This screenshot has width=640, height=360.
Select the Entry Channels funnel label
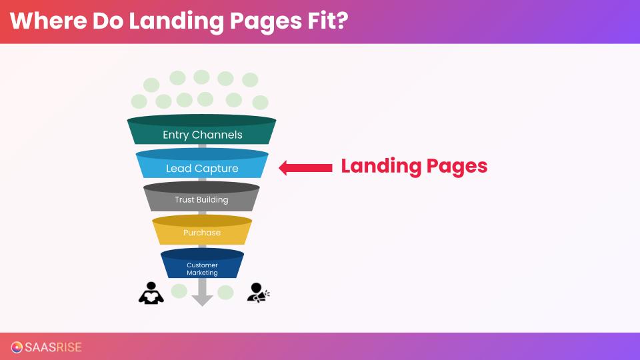[x=202, y=135]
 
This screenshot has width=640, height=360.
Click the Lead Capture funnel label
[x=202, y=169]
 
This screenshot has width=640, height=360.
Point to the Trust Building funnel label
[x=201, y=199]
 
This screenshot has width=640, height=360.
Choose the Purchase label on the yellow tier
[x=202, y=233]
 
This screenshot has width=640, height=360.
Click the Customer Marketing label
[x=202, y=269]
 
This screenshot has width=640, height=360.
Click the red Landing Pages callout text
[x=414, y=166]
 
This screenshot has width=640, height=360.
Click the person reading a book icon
[x=151, y=293]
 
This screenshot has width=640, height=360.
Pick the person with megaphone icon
[x=257, y=293]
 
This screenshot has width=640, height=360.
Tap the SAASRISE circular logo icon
[x=17, y=347]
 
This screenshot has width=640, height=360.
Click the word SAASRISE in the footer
[x=53, y=347]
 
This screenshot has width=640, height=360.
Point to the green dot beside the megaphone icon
[x=225, y=292]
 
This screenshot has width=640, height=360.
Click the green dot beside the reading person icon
[x=179, y=291]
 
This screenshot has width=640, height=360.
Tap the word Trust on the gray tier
[x=184, y=199]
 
